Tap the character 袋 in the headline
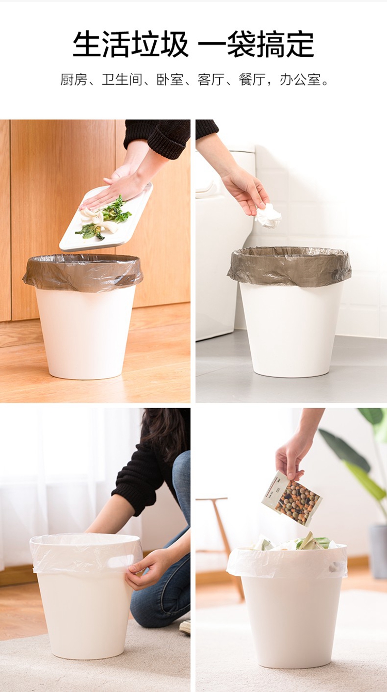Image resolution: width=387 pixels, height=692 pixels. click(241, 44)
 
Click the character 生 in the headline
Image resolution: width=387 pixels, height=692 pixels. click(87, 44)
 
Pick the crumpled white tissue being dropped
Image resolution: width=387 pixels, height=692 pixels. click(268, 216)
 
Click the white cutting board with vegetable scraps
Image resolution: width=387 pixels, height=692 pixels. click(106, 217)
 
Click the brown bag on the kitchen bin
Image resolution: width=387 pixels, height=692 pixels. click(83, 273)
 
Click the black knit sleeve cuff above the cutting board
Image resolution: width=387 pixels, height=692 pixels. click(166, 141)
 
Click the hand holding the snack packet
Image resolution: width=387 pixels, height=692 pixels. click(292, 457)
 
